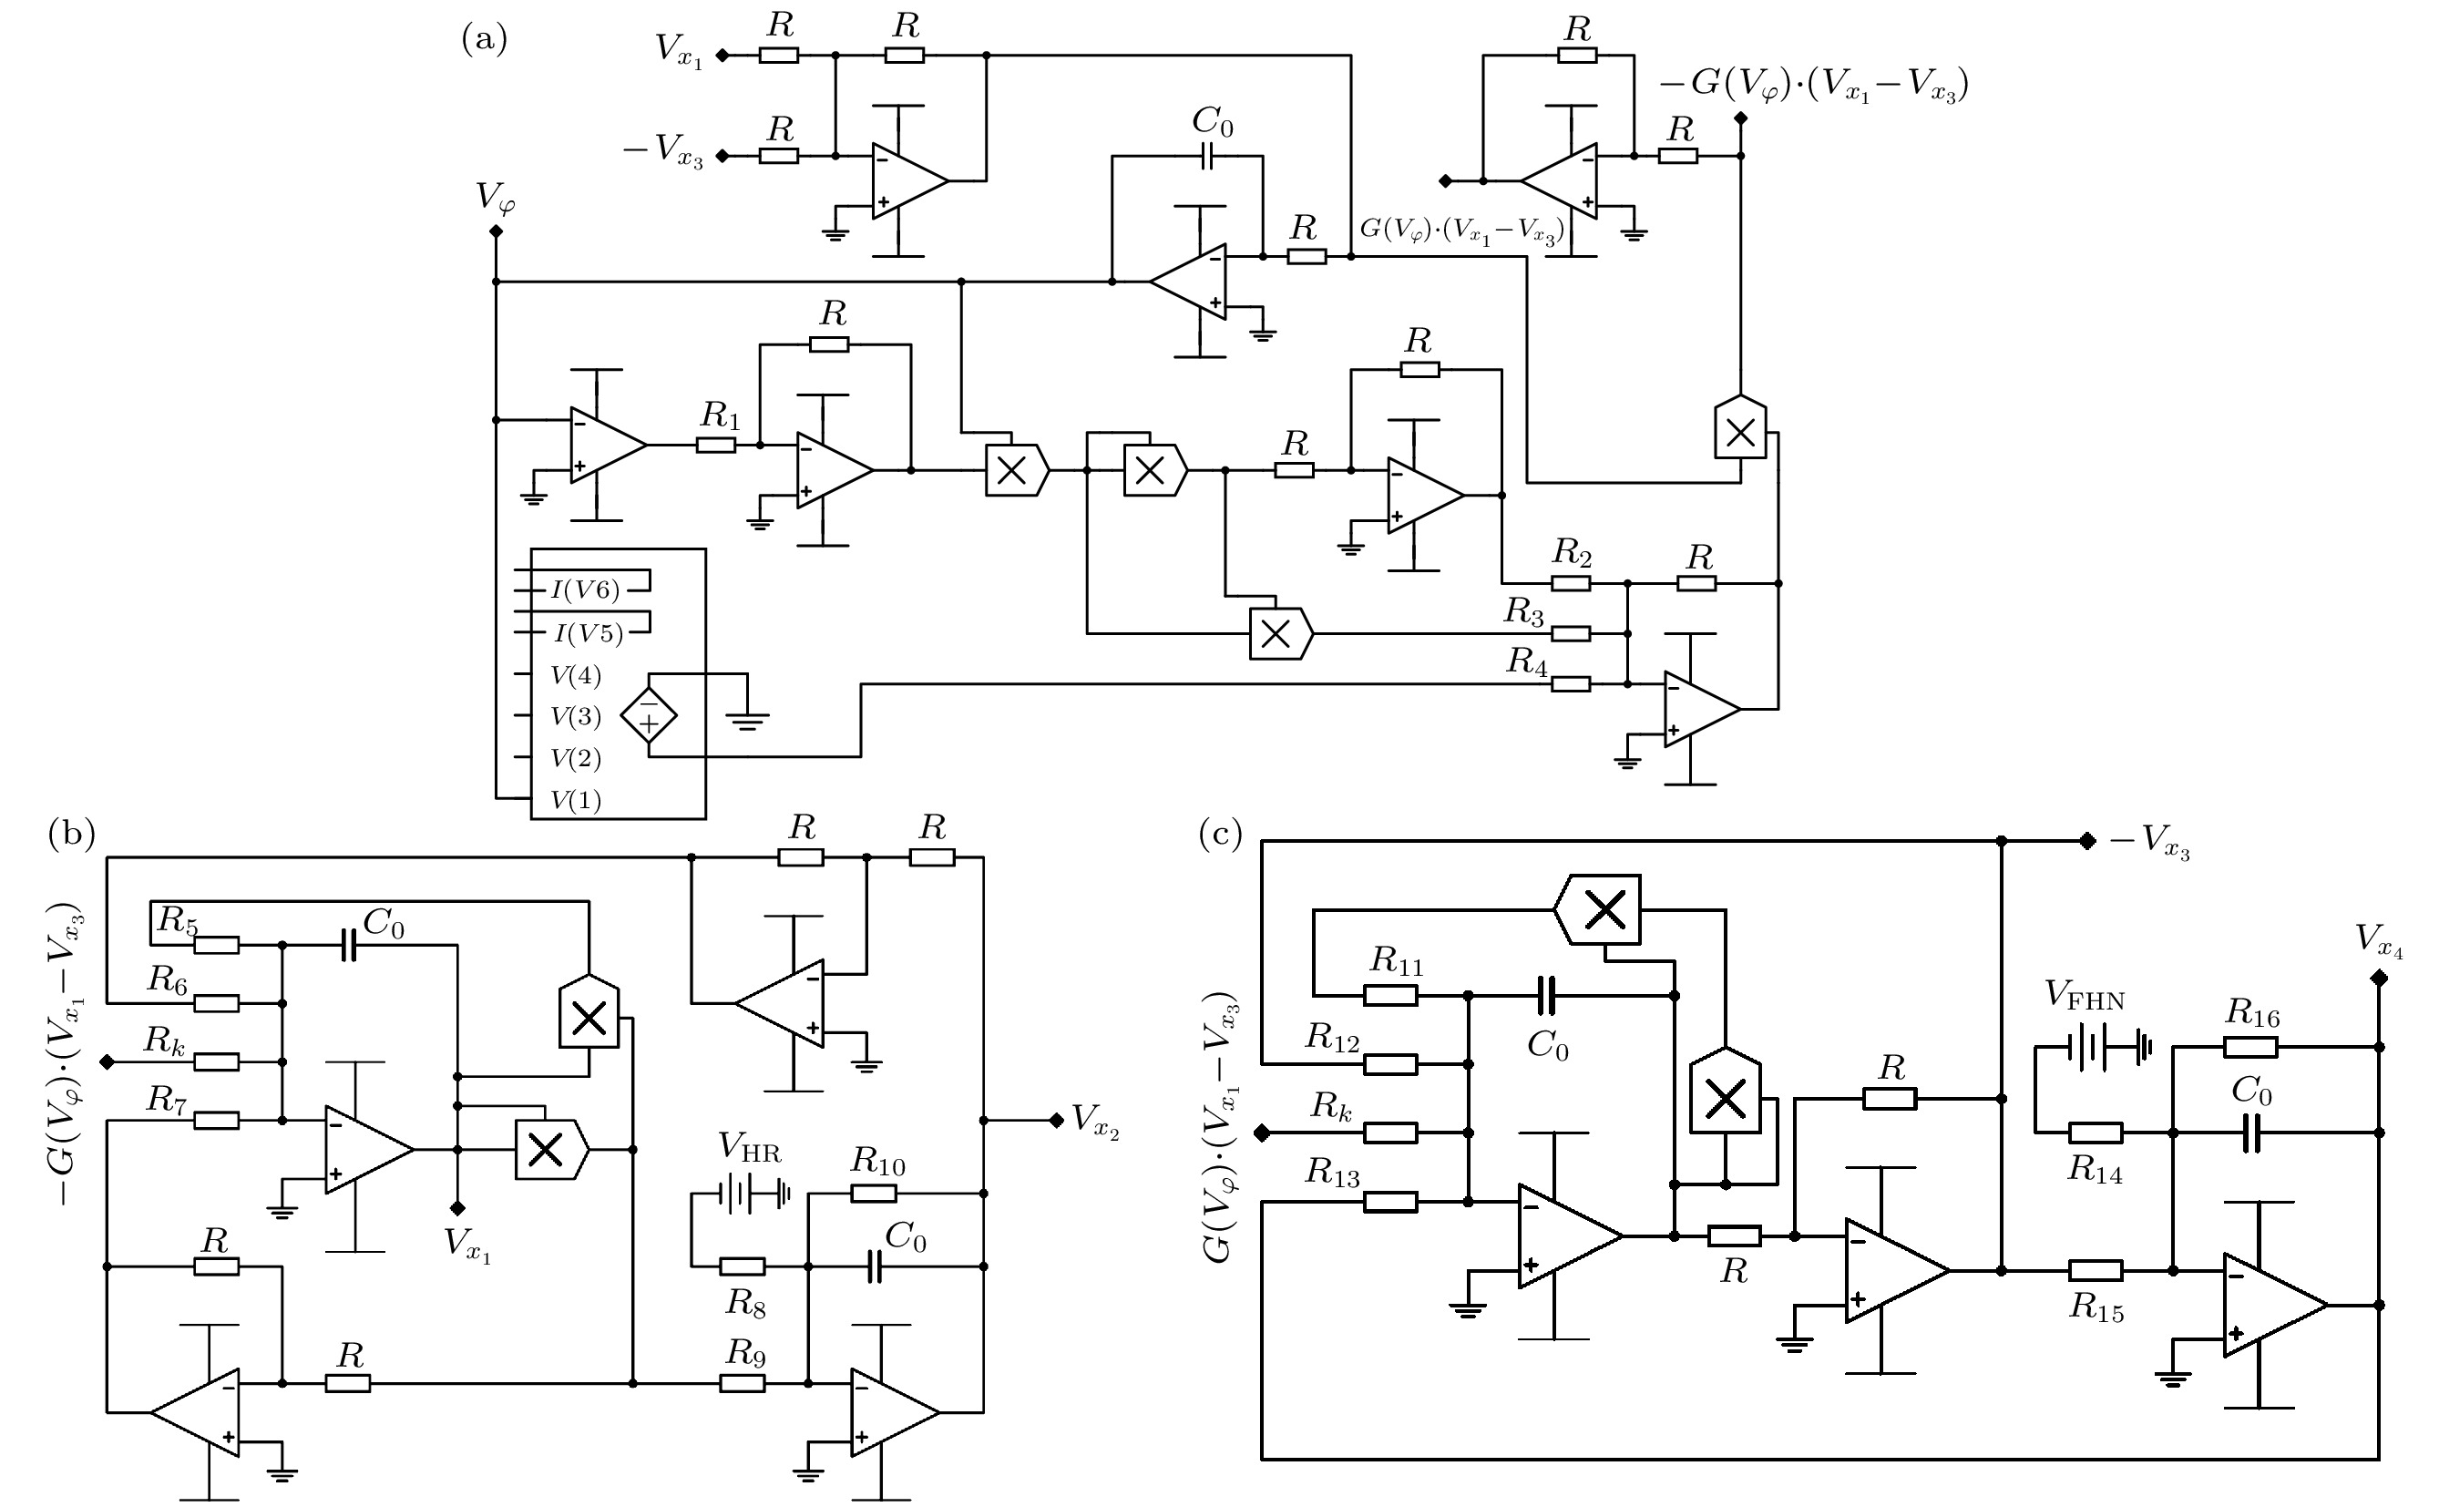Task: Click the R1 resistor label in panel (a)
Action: (x=720, y=415)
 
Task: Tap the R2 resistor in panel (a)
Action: (x=1570, y=583)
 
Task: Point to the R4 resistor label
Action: (x=1526, y=661)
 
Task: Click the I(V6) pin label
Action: (x=586, y=590)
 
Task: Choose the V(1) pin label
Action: (x=576, y=800)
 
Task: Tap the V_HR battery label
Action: (x=750, y=1149)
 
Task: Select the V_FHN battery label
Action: (x=2085, y=994)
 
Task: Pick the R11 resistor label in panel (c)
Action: (x=1397, y=961)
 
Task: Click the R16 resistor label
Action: (x=2252, y=1015)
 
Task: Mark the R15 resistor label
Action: (x=2096, y=1307)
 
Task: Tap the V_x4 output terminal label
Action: (x=2378, y=940)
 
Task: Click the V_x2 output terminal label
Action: (x=1094, y=1122)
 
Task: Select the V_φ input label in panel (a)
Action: (x=496, y=198)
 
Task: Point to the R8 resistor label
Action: (x=745, y=1302)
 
